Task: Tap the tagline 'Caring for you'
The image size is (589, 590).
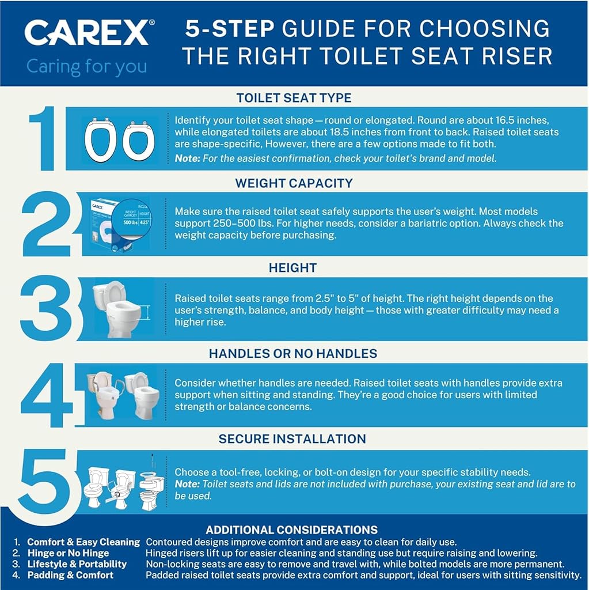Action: (x=86, y=67)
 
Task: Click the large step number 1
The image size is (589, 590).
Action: (x=43, y=138)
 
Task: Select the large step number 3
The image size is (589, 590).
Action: (x=45, y=308)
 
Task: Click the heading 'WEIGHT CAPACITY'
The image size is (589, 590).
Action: (x=294, y=183)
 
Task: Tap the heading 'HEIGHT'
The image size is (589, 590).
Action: (x=292, y=268)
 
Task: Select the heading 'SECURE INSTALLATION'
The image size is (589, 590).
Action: (x=292, y=438)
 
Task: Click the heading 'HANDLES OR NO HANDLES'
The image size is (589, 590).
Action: (x=293, y=353)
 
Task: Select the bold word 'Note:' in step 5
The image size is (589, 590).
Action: (x=187, y=484)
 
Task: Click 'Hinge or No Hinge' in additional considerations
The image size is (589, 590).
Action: (x=68, y=553)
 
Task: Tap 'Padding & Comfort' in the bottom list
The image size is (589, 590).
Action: (x=70, y=575)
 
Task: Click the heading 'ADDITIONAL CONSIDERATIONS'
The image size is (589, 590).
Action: (x=291, y=530)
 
